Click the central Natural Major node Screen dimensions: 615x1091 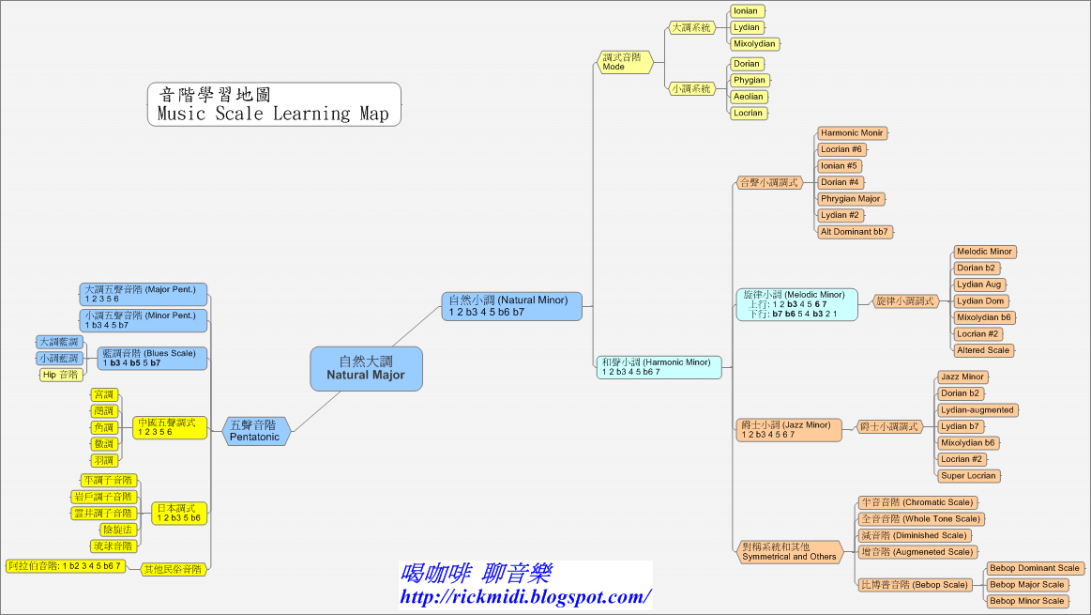point(366,368)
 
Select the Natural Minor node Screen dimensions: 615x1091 point(512,306)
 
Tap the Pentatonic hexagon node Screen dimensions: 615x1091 point(255,431)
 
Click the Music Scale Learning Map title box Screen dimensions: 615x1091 point(274,104)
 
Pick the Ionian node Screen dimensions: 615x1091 point(747,11)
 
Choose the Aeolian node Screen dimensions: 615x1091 point(749,97)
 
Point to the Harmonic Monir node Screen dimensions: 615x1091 point(852,133)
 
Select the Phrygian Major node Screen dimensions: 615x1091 point(851,199)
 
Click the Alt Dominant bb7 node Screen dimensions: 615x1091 point(854,232)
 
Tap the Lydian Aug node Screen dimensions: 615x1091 point(979,284)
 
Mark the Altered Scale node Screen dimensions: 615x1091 point(983,350)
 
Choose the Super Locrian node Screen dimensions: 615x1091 point(970,476)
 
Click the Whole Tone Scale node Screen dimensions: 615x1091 point(921,519)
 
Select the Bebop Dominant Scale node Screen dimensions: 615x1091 point(1035,568)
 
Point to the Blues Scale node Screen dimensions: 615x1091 point(152,358)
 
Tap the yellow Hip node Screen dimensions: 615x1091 point(61,375)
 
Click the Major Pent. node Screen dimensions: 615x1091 point(144,294)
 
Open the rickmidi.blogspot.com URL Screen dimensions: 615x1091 point(525,596)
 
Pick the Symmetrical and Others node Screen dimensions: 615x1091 point(789,551)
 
